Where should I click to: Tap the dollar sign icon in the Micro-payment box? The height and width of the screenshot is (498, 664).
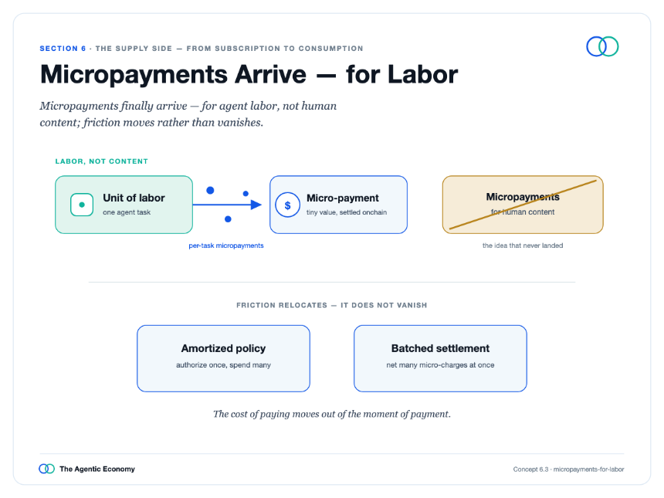coord(287,205)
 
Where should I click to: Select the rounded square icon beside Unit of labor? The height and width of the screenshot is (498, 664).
coord(82,205)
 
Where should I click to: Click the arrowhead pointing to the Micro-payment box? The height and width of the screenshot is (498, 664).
coord(256,205)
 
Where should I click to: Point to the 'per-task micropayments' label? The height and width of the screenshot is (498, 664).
coord(226,246)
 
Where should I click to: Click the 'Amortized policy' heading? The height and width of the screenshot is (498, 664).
coord(224,348)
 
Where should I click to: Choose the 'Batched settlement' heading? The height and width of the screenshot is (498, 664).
coord(440,348)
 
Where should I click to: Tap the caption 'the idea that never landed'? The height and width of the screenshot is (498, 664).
coord(523,246)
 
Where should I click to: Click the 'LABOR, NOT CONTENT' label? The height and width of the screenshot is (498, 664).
coord(102,161)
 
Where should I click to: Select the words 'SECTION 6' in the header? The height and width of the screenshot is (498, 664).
coord(63,49)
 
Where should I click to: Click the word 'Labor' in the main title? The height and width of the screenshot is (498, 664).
coord(422,75)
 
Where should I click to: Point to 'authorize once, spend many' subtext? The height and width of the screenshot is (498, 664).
coord(224,365)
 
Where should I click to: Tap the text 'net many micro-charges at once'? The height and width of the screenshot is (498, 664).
coord(440,365)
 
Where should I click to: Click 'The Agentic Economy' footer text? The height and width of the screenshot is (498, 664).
coord(97,469)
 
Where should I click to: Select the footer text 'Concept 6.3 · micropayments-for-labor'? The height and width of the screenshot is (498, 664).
coord(569,469)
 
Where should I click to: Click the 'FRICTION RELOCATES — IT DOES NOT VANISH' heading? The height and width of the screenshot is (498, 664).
coord(331,305)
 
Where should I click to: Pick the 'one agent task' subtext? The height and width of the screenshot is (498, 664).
coord(127,212)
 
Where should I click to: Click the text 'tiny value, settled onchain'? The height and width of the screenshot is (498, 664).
coord(347,212)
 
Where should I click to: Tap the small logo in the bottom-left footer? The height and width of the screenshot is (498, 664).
coord(46,469)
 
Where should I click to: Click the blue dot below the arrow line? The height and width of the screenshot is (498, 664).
coord(228,219)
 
